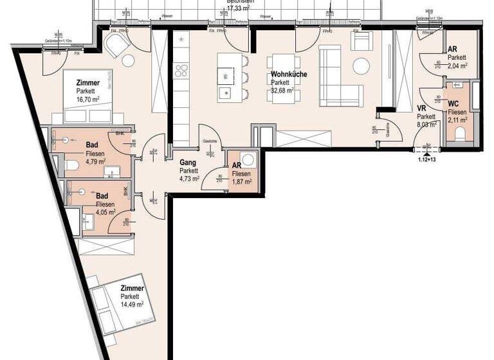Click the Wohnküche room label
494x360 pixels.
point(289,75)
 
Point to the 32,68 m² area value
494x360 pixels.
point(282,91)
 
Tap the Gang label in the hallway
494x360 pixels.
point(187,163)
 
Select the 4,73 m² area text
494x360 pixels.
point(189,179)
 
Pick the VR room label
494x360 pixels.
point(423,109)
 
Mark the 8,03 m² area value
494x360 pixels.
point(426,125)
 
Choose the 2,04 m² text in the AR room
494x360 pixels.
point(457,66)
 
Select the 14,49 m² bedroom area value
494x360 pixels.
point(131,305)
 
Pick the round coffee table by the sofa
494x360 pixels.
point(360,66)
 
